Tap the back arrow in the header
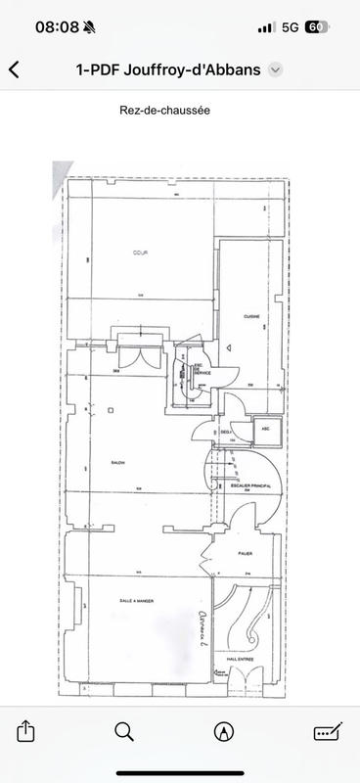[14, 69]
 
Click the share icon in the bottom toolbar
[26, 731]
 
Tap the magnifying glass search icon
[124, 731]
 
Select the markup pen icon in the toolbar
[225, 731]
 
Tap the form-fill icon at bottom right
[326, 731]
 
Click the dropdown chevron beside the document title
[276, 69]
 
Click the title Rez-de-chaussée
[179, 111]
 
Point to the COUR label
[140, 253]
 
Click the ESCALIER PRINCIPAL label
[252, 485]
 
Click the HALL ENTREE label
[240, 660]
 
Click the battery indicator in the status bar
[315, 27]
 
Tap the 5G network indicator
[290, 27]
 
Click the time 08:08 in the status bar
[57, 27]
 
